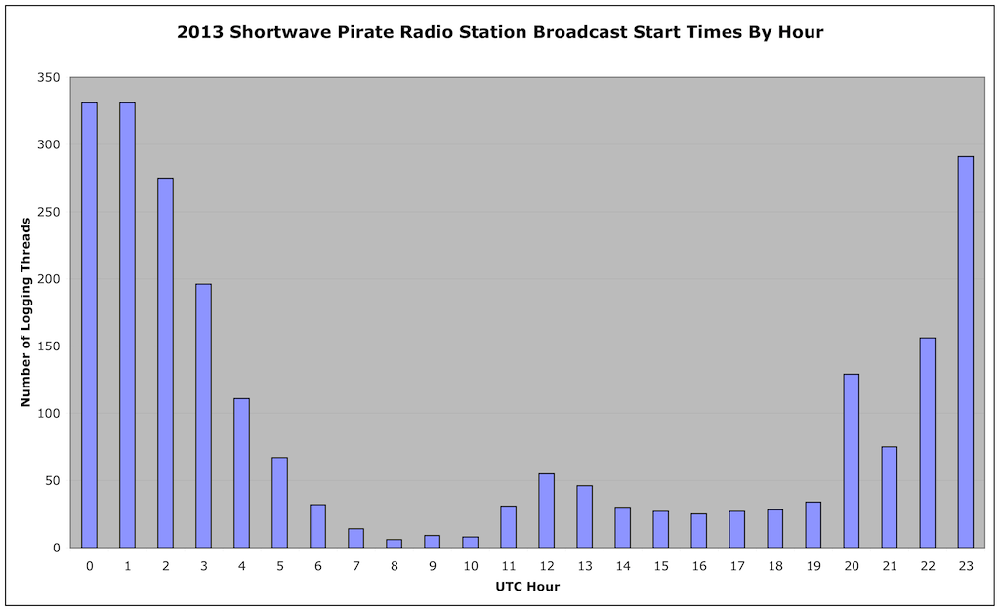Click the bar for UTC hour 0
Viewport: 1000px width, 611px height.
pos(89,325)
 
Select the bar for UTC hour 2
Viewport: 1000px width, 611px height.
pos(165,362)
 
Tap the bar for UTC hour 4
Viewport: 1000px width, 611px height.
pos(242,472)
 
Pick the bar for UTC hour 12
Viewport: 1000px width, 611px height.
pos(547,510)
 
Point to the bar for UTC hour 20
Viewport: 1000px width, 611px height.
pos(852,461)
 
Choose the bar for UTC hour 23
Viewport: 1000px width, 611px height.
pos(966,351)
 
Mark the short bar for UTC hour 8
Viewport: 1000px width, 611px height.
pos(395,544)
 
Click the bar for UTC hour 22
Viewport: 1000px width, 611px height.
pos(928,443)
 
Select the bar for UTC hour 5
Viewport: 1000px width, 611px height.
pos(280,503)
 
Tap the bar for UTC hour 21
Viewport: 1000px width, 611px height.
pos(890,497)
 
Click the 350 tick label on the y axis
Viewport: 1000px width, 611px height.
pos(49,78)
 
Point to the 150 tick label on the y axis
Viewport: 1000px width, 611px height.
pos(49,346)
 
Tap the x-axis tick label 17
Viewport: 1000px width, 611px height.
pos(737,566)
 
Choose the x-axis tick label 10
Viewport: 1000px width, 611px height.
pos(471,566)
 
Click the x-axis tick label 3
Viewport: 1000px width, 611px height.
pos(203,566)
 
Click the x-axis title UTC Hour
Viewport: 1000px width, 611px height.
pos(527,587)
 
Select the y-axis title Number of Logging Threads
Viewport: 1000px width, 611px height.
pos(26,312)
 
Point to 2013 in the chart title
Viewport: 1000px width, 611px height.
pos(199,32)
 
